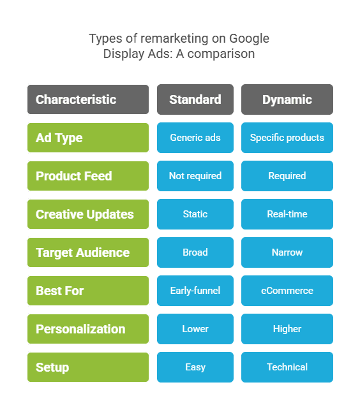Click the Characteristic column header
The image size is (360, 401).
[88, 99]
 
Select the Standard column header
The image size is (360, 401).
[195, 99]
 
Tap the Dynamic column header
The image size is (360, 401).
[287, 99]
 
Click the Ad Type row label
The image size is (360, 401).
[88, 138]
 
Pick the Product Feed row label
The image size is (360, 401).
[88, 176]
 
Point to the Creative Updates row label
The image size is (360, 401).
[88, 214]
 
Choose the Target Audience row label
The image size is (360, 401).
[88, 252]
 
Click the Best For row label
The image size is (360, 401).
[88, 291]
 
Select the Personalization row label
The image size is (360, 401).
[88, 329]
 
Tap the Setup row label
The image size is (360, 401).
[88, 367]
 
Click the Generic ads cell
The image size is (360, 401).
[195, 138]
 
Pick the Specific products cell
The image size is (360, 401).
[287, 138]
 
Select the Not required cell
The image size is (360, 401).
[195, 176]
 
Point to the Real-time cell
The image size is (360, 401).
[287, 214]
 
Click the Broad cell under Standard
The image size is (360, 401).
[195, 252]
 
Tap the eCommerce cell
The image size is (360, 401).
[287, 291]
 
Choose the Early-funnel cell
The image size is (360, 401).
[195, 291]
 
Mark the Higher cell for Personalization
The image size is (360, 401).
[287, 329]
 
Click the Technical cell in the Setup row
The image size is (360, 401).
[287, 367]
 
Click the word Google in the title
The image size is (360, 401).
[249, 39]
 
